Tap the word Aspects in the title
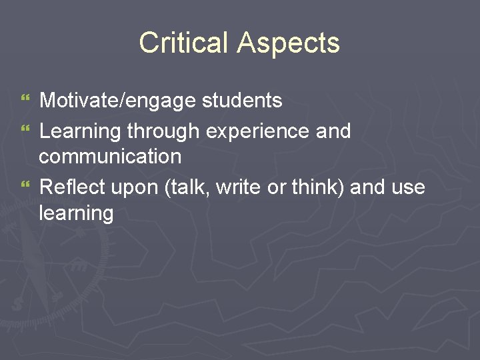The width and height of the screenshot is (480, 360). point(288,43)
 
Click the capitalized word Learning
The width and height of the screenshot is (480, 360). point(81,131)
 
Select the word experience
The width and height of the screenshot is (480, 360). point(257,131)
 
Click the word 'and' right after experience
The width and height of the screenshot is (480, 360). point(333,131)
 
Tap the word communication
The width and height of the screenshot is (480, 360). point(110,157)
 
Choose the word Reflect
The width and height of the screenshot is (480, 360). point(72,187)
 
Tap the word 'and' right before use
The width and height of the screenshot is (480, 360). point(368,187)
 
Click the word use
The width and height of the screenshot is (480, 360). point(408,188)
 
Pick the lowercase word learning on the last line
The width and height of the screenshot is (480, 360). point(76,214)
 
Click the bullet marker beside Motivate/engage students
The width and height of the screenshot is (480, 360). point(26,101)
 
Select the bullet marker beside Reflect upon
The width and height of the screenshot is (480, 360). point(26,187)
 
